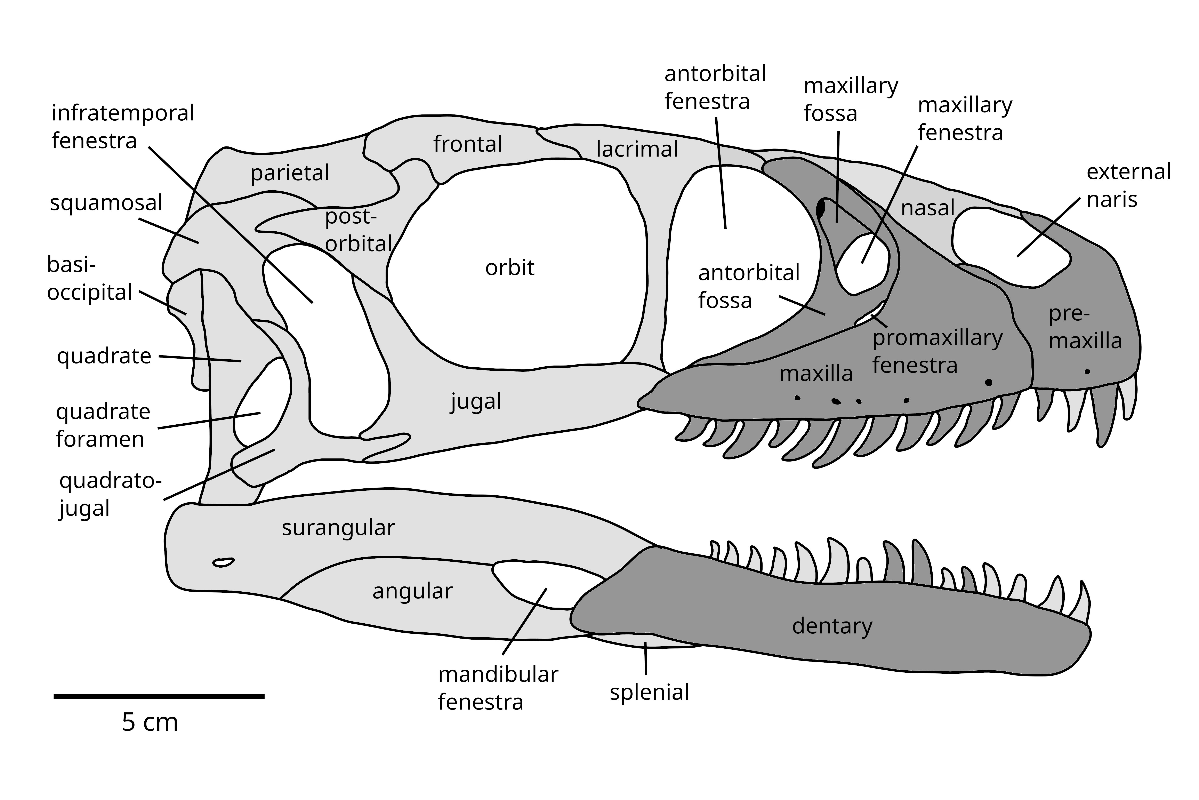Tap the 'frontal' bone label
468,144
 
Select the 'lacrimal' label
637,150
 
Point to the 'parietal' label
290,174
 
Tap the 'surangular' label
338,528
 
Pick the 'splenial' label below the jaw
649,692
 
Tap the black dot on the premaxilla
1087,371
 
